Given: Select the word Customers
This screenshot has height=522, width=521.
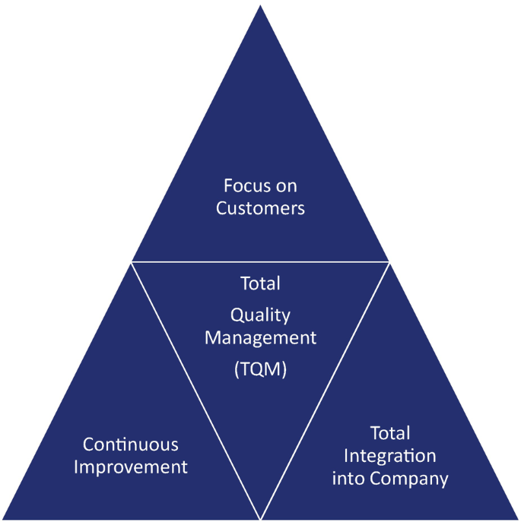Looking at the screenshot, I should coord(260,208).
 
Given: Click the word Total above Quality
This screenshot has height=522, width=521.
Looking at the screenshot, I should coord(260,284).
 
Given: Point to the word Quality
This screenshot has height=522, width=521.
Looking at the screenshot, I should coord(260,315).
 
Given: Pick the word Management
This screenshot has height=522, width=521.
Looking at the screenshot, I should coord(260,337).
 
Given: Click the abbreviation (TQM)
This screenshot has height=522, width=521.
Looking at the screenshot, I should coord(260,372).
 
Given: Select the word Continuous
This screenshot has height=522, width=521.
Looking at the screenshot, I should coord(131,444).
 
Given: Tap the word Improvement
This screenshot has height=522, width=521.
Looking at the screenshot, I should coord(131,467).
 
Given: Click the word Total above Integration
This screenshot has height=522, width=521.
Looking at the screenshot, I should coord(390,434).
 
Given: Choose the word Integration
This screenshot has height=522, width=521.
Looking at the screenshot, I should coord(390,456).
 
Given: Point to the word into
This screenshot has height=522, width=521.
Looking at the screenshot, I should coord(350,479).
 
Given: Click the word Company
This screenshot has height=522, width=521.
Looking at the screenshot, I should coord(411,479).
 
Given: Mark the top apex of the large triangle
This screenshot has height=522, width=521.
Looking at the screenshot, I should coord(260,6).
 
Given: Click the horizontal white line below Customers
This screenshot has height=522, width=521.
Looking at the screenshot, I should coord(260,262).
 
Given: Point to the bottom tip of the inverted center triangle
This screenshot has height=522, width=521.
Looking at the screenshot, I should coord(260,517).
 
